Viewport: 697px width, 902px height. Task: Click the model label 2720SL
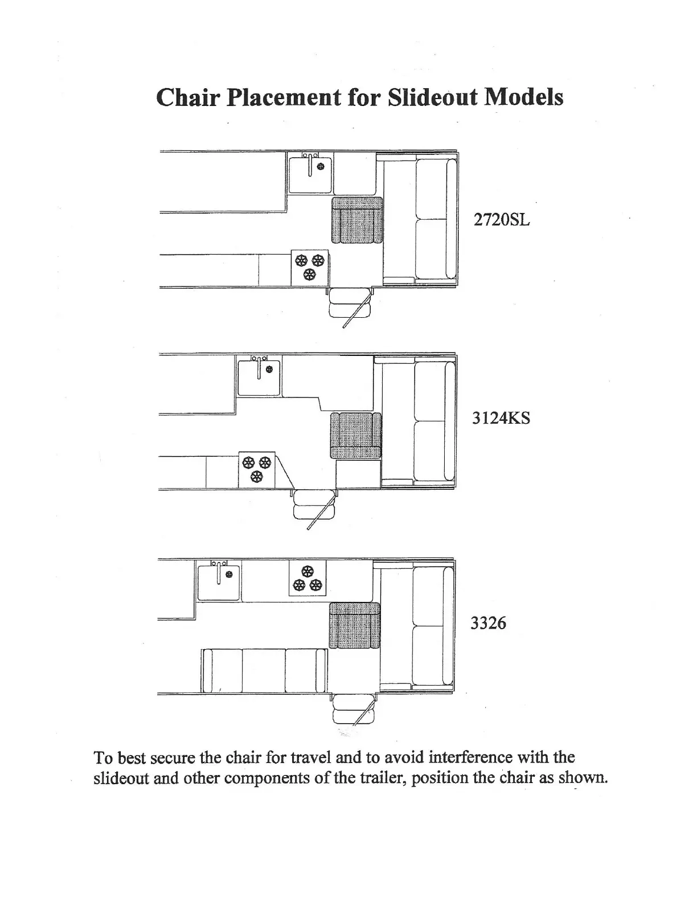[502, 220]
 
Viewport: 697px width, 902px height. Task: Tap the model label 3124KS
[501, 418]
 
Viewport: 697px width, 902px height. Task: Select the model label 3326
[488, 623]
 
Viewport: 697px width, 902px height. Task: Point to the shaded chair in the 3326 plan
[354, 626]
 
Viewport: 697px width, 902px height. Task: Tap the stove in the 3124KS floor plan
[256, 469]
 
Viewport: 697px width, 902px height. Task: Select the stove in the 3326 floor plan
[307, 579]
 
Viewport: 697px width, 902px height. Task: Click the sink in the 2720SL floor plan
[310, 173]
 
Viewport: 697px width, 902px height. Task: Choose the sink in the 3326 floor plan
[218, 580]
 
